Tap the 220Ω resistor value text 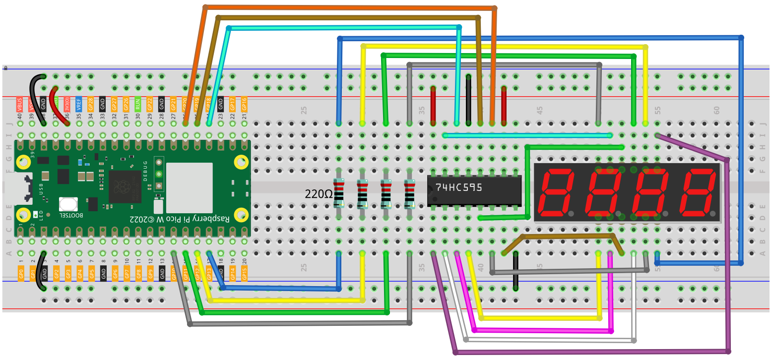[x=319, y=194]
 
